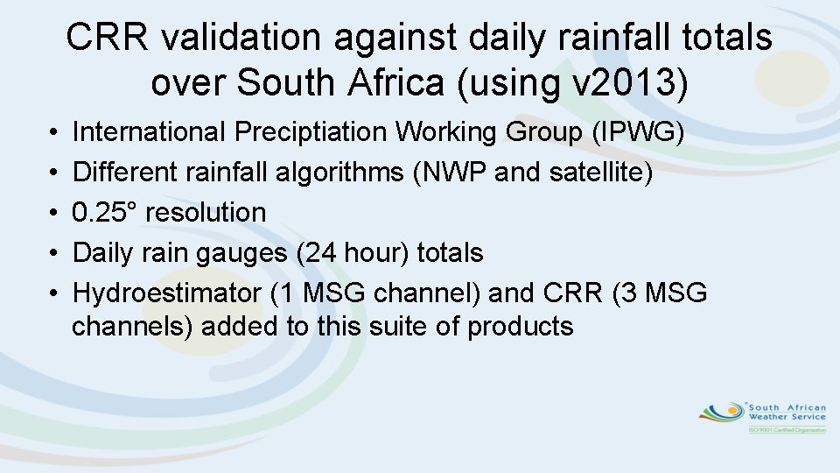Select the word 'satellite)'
[601, 173]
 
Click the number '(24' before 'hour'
[316, 253]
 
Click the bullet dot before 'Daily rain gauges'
[45, 254]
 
